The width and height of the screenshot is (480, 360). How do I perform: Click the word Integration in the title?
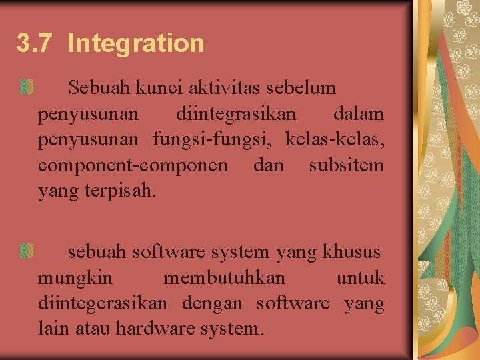click(136, 44)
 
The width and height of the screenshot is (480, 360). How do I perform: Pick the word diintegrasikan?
click(236, 114)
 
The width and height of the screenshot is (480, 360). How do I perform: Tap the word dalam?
click(358, 114)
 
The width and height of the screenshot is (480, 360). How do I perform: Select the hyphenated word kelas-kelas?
click(335, 139)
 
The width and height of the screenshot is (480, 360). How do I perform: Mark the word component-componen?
click(133, 165)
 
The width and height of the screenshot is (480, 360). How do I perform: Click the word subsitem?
click(347, 165)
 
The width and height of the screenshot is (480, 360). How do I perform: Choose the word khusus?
click(351, 252)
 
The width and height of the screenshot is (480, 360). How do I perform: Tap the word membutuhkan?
click(224, 277)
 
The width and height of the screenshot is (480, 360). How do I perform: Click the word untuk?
click(361, 277)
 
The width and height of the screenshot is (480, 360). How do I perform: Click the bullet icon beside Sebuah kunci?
click(27, 87)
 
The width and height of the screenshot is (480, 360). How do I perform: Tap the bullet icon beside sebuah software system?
click(27, 251)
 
